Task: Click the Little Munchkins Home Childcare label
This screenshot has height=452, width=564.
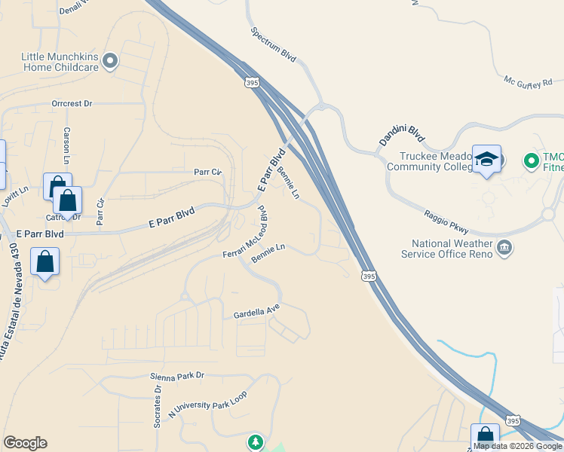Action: [x=60, y=62]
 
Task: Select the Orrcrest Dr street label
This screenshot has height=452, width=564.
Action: [x=72, y=103]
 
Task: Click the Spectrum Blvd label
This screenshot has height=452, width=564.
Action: [x=274, y=46]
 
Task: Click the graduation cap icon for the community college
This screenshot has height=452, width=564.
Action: [x=486, y=159]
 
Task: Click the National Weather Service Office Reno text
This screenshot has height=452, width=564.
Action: [x=452, y=249]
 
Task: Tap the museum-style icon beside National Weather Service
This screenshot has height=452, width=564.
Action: [x=504, y=246]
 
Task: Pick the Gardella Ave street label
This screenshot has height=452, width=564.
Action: [x=256, y=310]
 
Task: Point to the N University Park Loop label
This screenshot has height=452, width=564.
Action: [x=207, y=404]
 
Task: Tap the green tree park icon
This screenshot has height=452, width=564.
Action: [x=256, y=441]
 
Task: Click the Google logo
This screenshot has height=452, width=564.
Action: [x=25, y=443]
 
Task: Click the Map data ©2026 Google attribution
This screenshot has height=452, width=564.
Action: [x=517, y=446]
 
